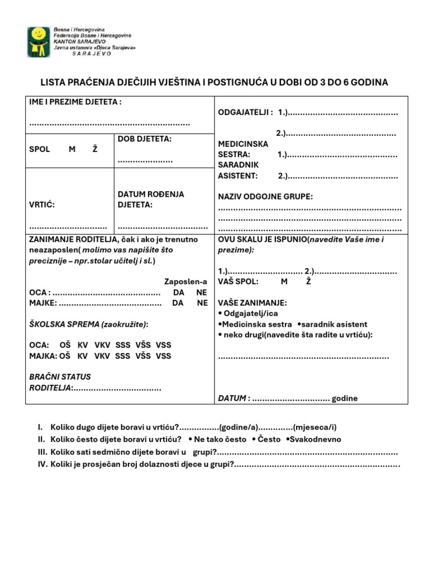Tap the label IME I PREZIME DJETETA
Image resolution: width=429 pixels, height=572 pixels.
75,102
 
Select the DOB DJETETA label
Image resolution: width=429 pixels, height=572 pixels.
145,139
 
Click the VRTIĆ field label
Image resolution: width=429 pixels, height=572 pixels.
42,205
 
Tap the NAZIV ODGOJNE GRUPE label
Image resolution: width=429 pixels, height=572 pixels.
265,197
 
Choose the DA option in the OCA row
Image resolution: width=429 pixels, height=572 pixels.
178,292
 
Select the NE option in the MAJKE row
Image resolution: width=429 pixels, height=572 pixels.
202,303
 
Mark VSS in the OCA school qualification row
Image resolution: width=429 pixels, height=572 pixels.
164,345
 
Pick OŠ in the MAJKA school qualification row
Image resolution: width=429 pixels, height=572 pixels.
65,356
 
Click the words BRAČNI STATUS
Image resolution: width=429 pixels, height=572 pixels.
60,376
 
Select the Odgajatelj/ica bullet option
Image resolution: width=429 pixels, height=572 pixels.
250,313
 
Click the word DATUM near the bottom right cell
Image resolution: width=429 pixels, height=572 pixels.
232,398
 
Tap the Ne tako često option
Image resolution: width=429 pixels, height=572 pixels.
218,439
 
